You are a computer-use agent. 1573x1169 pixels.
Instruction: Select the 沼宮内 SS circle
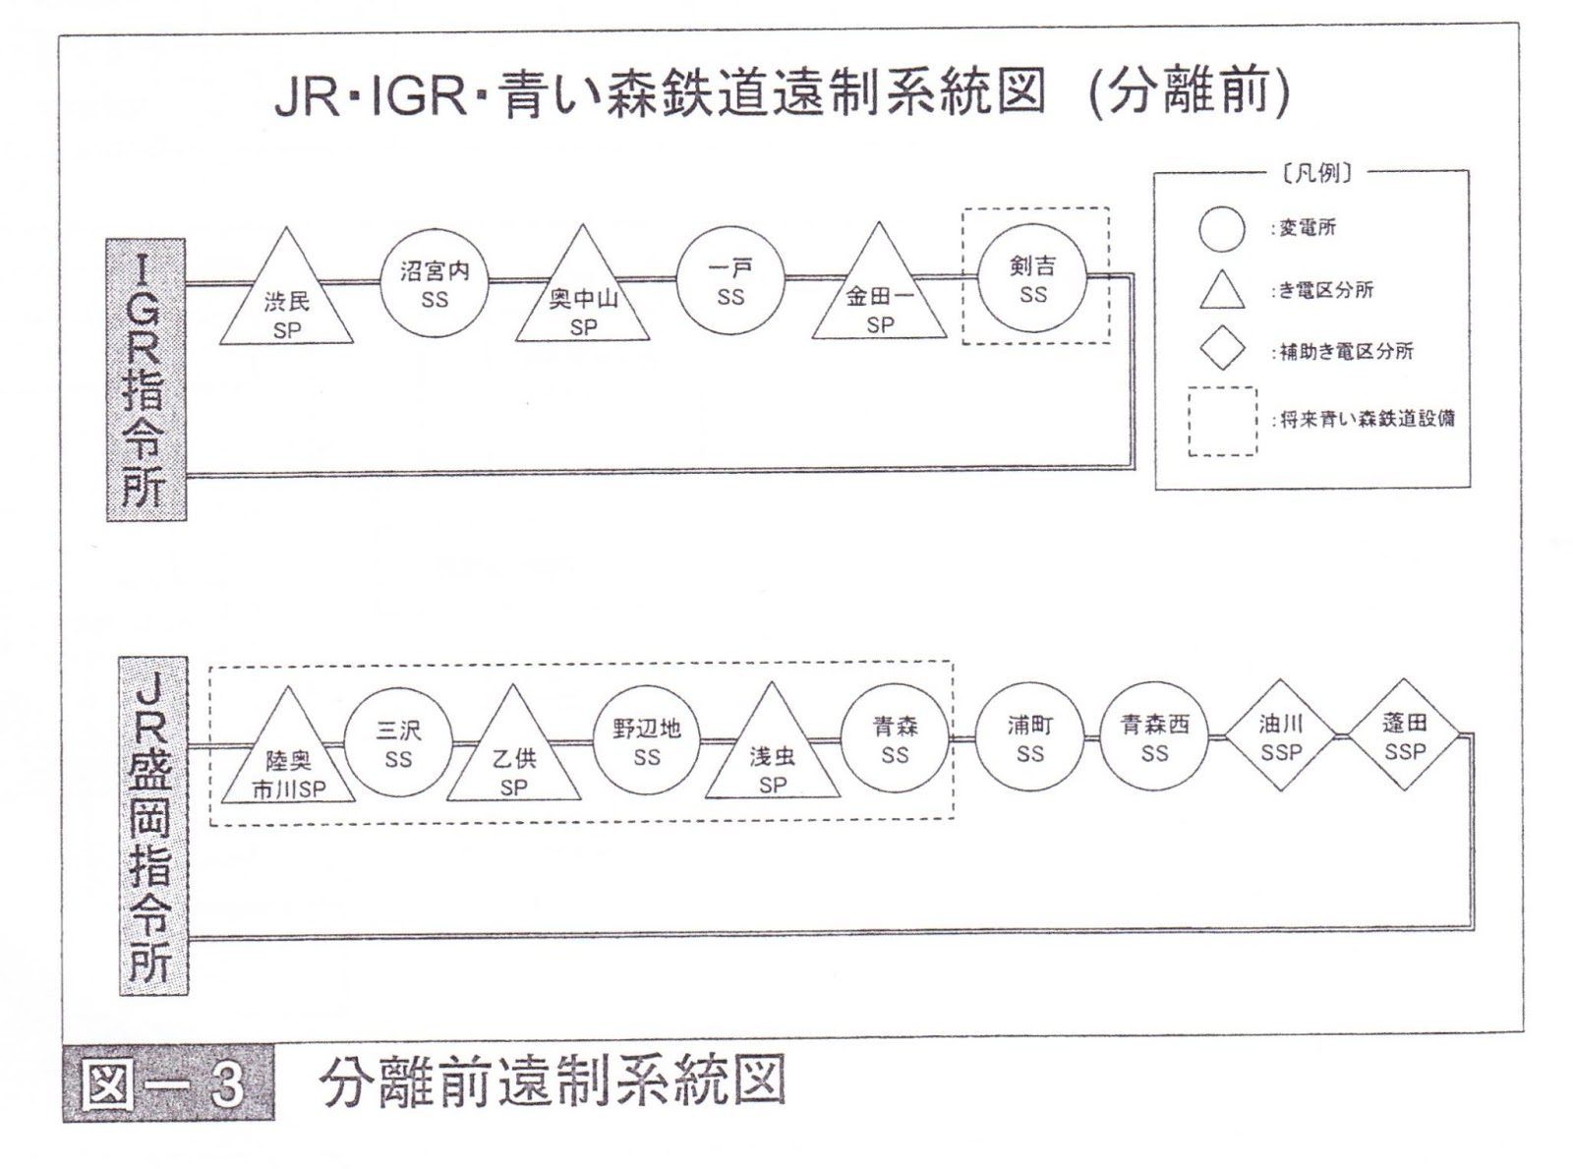click(435, 282)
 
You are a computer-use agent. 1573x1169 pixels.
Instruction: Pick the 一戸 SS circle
click(730, 281)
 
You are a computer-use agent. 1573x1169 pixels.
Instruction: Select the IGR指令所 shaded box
click(146, 380)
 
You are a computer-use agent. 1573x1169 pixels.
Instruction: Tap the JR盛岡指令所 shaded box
click(154, 826)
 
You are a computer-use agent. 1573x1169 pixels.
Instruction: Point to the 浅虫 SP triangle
click(773, 754)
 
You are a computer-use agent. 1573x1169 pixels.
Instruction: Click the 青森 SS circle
click(895, 738)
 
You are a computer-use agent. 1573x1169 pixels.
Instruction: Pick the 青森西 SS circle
click(1154, 737)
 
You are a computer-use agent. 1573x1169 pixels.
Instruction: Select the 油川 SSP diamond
click(1280, 736)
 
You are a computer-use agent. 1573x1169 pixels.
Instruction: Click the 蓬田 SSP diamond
click(1404, 735)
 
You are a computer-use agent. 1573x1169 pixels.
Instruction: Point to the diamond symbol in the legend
click(1222, 350)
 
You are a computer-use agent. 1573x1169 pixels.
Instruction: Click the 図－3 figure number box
click(168, 1084)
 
